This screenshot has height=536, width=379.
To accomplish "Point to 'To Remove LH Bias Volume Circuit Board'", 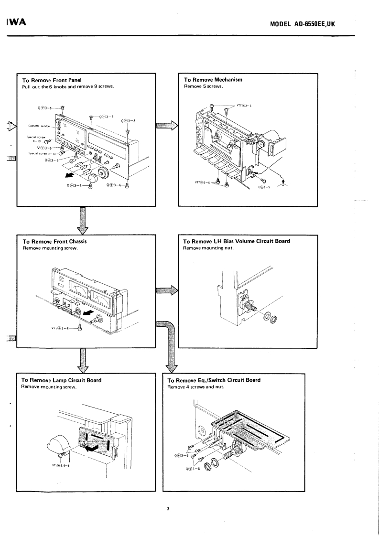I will pyautogui.click(x=237, y=241).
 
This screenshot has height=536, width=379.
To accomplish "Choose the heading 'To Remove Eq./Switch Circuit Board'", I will pyautogui.click(x=214, y=380).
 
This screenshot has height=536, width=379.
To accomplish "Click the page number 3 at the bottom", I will pyautogui.click(x=168, y=508).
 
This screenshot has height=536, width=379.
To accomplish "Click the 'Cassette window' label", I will pyautogui.click(x=45, y=126).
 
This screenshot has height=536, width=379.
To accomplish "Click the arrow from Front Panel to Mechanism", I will pyautogui.click(x=167, y=126).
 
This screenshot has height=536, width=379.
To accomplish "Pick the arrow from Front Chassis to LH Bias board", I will pyautogui.click(x=167, y=289).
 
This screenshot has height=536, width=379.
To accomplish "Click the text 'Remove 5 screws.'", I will pyautogui.click(x=200, y=87).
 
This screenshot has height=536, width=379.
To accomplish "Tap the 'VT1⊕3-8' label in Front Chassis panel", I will pyautogui.click(x=60, y=328).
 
